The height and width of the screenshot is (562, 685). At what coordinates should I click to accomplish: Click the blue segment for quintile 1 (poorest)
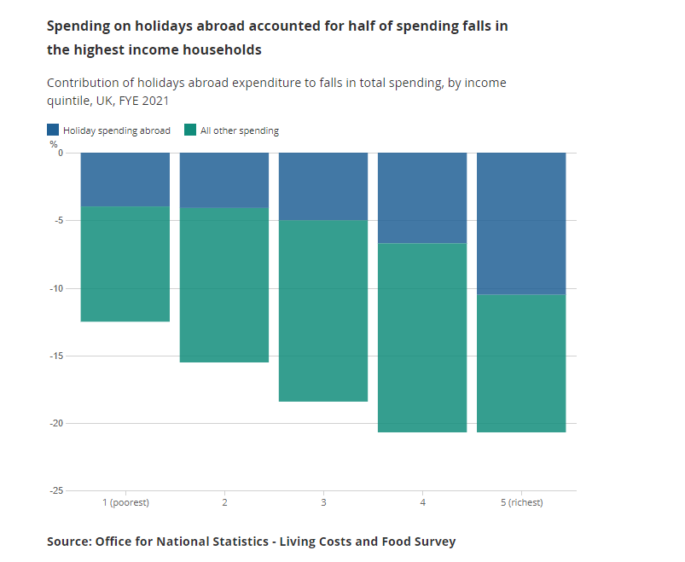pos(125,179)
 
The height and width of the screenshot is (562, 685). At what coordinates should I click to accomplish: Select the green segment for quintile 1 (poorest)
pos(125,264)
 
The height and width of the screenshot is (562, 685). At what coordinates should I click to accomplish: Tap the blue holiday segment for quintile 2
pos(224,180)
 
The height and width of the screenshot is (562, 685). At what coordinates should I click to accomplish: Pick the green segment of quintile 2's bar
pos(224,285)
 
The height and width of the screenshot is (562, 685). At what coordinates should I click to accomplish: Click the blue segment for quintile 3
pos(323,186)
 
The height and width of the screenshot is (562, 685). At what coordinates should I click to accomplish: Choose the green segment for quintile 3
pos(323,310)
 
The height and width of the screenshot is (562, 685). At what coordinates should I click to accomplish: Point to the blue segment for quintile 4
pos(422,198)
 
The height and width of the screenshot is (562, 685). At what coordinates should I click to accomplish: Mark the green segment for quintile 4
pos(422,338)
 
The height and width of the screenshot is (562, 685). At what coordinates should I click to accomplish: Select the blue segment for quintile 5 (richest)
pos(521,223)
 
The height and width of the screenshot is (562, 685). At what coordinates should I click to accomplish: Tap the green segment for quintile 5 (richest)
pos(521,363)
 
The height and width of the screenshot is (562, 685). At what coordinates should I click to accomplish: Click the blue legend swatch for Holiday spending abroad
pos(53,130)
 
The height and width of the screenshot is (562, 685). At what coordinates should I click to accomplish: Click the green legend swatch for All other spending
pos(190,130)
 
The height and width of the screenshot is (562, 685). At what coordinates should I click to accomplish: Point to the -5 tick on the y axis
pos(57,221)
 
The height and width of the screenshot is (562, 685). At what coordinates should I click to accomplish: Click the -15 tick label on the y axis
pos(55,356)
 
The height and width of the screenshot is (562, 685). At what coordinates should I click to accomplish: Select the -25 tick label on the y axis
pos(55,491)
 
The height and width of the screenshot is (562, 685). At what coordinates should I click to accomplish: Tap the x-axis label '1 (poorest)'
pos(125,502)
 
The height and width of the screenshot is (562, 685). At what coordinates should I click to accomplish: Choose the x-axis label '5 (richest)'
pos(521,502)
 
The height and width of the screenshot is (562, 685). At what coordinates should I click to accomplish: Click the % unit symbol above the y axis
pos(53,144)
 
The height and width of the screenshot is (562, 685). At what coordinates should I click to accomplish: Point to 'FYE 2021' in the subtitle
pos(143,100)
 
